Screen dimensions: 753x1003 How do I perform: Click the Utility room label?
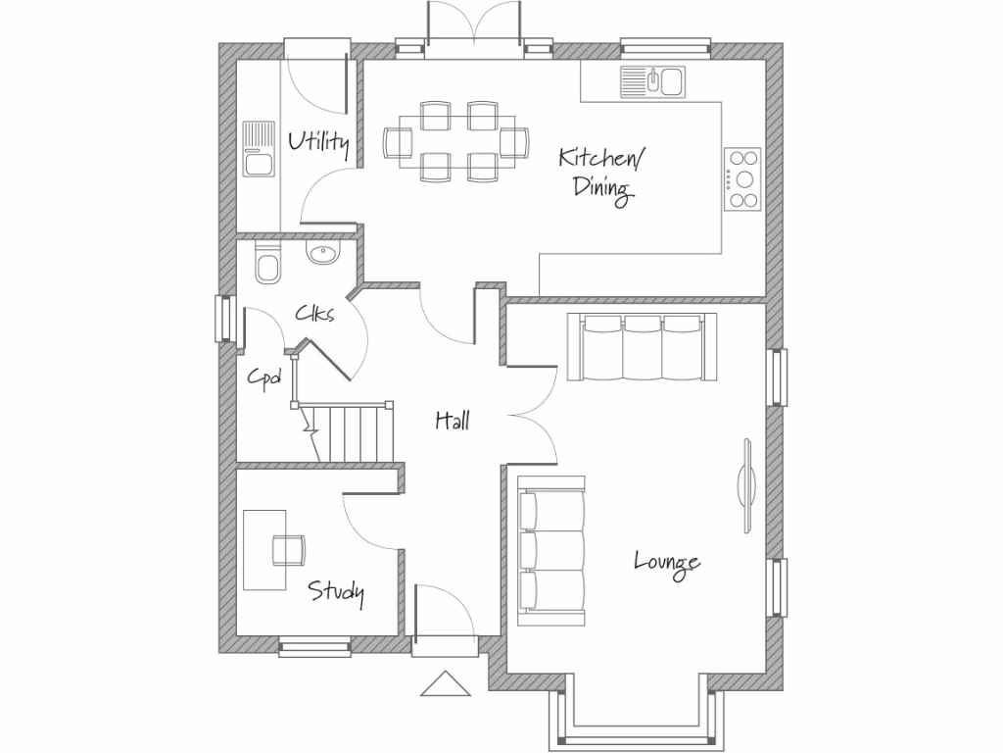(x=318, y=143)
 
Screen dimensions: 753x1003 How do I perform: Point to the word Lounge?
(x=667, y=563)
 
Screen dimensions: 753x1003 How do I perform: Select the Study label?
(x=337, y=591)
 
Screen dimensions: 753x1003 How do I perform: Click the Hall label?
(x=453, y=421)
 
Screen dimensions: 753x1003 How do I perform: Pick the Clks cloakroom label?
(x=315, y=314)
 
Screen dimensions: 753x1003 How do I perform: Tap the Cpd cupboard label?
(x=263, y=376)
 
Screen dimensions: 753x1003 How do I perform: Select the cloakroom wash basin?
(x=322, y=255)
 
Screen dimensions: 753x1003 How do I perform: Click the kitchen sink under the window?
(x=653, y=80)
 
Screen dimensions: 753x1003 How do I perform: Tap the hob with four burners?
(x=743, y=178)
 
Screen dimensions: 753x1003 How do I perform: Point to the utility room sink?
(x=258, y=148)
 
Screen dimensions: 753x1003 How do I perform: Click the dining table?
(x=457, y=141)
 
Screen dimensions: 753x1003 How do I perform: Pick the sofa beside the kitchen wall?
(x=642, y=347)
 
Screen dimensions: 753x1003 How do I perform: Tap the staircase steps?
(x=354, y=431)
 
